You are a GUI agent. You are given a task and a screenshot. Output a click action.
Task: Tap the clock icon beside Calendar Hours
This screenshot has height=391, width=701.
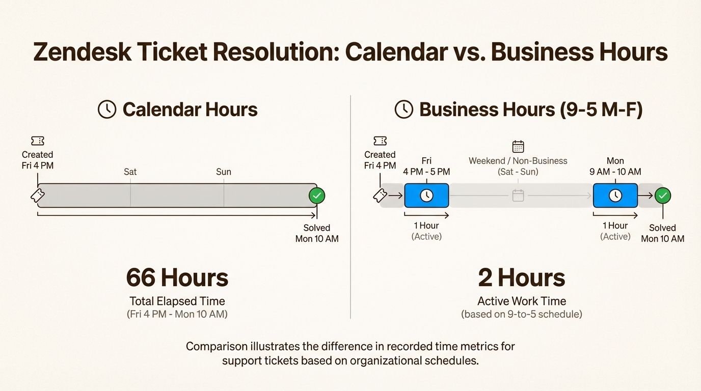tap(107, 109)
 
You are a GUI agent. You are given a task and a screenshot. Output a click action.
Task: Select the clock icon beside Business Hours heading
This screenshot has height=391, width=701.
tap(404, 109)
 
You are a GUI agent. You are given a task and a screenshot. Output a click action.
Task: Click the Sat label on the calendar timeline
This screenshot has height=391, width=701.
tap(130, 172)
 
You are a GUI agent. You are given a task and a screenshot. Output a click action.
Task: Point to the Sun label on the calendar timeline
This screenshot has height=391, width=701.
tap(224, 172)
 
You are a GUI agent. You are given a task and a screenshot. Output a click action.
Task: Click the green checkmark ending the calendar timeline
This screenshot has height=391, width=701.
tap(317, 195)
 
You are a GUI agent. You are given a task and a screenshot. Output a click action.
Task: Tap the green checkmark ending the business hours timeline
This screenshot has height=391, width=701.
tap(663, 195)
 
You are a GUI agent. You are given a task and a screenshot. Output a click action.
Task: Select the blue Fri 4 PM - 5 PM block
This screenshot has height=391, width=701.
tap(426, 195)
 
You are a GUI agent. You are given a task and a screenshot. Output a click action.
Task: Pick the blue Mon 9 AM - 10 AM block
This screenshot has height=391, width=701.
tap(615, 195)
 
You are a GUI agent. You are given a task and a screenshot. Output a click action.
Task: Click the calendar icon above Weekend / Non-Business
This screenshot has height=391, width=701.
tap(518, 147)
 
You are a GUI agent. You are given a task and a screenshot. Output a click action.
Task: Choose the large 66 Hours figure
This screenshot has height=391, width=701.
tap(177, 278)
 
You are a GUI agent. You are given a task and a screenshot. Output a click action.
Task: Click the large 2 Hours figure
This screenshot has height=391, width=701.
tap(522, 278)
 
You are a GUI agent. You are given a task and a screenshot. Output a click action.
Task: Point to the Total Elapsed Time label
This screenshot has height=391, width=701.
tap(177, 301)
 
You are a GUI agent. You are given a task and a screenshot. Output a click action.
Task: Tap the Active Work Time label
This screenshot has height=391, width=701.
tap(522, 301)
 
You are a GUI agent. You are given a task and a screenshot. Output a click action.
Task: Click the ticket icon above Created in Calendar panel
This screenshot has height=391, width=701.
tap(38, 141)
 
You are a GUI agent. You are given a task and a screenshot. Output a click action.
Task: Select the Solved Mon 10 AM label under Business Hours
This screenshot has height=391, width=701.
tap(663, 233)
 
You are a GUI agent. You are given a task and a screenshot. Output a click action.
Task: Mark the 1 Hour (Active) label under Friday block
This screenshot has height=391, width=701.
tap(426, 231)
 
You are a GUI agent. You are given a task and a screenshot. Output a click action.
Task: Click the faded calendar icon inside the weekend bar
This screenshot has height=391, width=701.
tap(518, 195)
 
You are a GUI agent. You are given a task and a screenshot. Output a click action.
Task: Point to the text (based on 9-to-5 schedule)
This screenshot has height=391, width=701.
tap(522, 314)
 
